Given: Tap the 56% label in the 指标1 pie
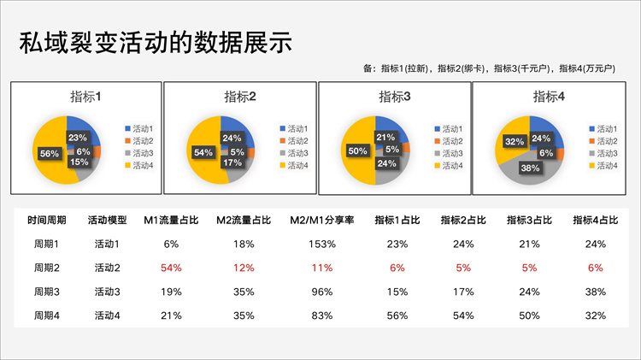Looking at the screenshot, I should (50, 154).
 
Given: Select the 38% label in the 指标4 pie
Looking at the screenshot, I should (530, 168).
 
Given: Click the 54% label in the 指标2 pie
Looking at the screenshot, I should (203, 153).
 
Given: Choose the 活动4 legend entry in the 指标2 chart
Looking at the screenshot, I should (296, 165).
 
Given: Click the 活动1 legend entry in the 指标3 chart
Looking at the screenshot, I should (450, 128).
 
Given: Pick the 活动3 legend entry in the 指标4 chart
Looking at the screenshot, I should (605, 153).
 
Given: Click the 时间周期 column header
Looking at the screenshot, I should (46, 220).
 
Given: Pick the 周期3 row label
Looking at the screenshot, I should (46, 292).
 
